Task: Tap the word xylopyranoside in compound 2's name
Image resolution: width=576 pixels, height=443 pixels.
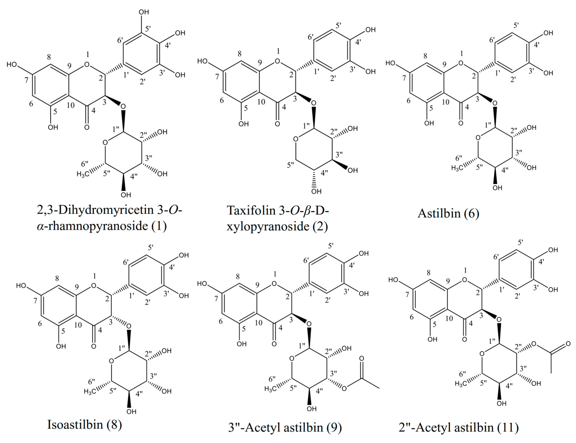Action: [268, 226]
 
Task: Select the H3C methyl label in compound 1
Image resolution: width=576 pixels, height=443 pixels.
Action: [83, 174]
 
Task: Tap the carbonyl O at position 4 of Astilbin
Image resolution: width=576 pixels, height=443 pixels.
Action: [461, 123]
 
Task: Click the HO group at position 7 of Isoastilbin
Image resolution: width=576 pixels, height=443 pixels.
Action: [21, 286]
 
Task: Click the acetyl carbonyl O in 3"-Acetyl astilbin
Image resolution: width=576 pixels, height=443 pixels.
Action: [362, 358]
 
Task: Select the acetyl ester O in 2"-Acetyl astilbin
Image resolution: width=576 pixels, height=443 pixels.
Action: [534, 344]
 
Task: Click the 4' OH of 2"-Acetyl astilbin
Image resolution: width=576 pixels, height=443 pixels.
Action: [553, 250]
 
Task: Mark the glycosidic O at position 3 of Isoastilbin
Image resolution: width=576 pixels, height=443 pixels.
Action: [128, 326]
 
